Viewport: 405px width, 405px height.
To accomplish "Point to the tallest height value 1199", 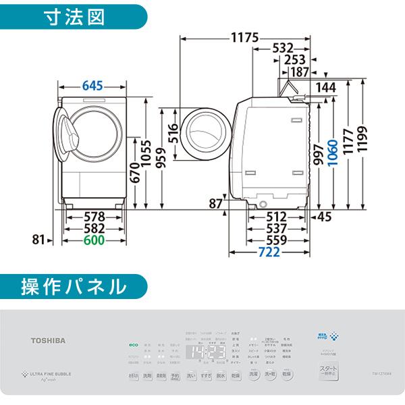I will click(367, 139).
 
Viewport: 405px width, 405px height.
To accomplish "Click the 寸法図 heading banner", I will click(74, 16).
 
